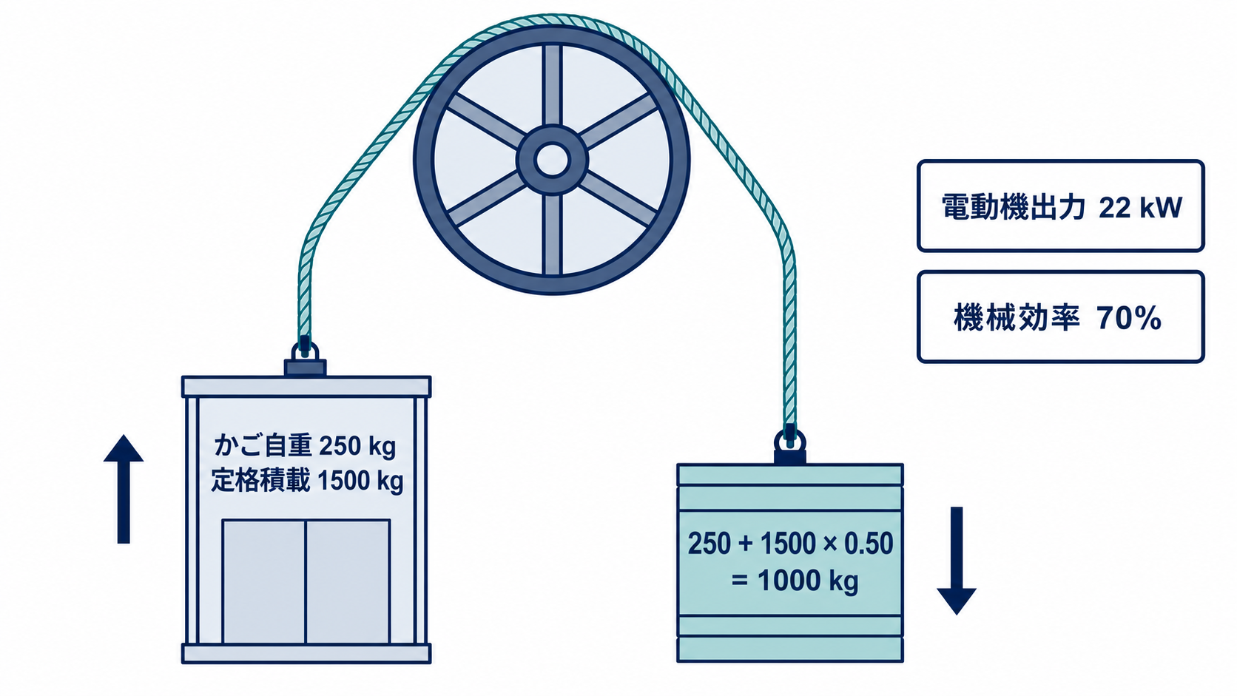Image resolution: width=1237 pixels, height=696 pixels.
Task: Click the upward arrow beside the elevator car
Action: coord(123,489)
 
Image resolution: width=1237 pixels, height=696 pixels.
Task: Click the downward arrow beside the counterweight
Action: coord(957,561)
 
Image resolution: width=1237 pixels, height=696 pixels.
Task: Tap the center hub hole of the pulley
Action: coord(552,161)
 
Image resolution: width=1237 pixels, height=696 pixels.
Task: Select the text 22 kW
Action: coord(1140,209)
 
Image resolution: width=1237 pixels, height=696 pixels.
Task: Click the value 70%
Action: coord(1129,319)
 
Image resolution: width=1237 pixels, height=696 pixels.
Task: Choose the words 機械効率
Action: coord(1016,318)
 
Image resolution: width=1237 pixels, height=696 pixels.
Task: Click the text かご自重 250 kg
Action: coord(305,446)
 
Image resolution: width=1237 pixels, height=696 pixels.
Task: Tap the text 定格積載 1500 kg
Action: coord(307,481)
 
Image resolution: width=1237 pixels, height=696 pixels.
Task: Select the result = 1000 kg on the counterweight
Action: coord(795,581)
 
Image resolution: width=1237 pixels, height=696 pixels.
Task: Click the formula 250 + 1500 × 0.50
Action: coord(790,544)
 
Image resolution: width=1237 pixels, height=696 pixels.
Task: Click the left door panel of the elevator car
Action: coord(264,581)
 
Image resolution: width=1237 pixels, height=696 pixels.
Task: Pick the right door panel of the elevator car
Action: coord(348,581)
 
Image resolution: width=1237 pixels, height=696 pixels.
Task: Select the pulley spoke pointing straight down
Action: coord(552,235)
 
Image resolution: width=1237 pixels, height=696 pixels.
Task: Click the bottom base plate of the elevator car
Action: coord(306,653)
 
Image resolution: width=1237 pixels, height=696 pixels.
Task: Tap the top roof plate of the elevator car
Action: coord(306,386)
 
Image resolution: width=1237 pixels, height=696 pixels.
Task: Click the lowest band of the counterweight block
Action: coord(790,649)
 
